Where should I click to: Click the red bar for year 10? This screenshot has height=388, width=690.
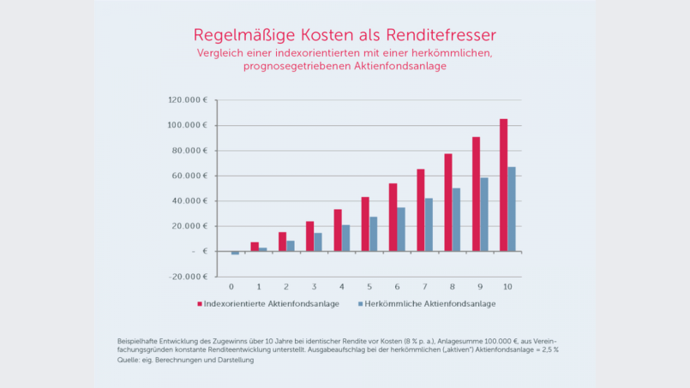point(503,185)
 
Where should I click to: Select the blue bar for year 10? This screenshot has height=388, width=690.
point(512,209)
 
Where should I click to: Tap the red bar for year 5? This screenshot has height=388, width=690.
point(365,224)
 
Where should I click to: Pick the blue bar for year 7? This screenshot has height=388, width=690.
point(429,224)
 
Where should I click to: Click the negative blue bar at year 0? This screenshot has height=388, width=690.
point(235,253)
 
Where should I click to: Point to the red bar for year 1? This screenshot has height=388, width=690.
point(255,247)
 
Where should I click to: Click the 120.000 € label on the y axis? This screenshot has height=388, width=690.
point(188,100)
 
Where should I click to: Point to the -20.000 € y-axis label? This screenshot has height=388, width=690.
point(188,277)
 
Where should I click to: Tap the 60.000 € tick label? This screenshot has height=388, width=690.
point(189,176)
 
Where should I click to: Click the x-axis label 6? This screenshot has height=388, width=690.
point(396,285)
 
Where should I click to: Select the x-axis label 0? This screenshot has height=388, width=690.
point(231,285)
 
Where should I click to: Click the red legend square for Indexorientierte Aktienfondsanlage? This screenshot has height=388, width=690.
point(200,303)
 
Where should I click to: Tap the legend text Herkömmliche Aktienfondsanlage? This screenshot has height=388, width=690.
point(430,303)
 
